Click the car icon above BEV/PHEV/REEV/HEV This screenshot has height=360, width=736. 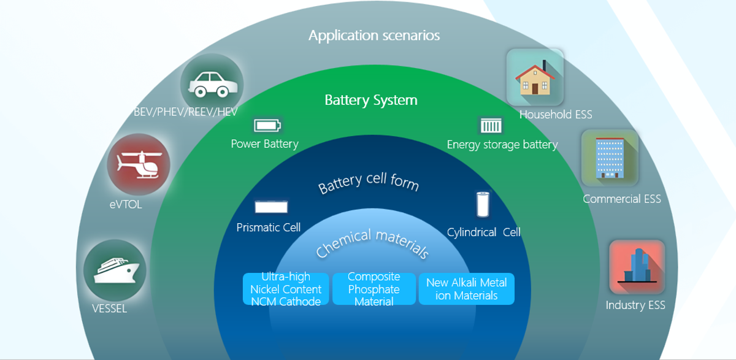pyautogui.click(x=212, y=85)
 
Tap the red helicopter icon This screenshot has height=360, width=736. pyautogui.click(x=138, y=164)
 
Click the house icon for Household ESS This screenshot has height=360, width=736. pyautogui.click(x=535, y=77)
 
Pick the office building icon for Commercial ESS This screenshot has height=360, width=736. pyautogui.click(x=610, y=158)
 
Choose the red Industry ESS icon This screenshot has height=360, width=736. pyautogui.click(x=637, y=267)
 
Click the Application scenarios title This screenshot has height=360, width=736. pyautogui.click(x=374, y=35)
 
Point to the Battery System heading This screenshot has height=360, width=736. pyautogui.click(x=370, y=99)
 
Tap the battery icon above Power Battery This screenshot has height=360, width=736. pyautogui.click(x=267, y=126)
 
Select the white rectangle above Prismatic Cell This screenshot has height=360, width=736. pyautogui.click(x=271, y=207)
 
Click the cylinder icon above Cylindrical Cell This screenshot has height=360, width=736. pyautogui.click(x=483, y=204)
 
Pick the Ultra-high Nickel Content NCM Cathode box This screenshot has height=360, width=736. pyautogui.click(x=286, y=289)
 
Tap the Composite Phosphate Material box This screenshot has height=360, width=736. pyautogui.click(x=374, y=289)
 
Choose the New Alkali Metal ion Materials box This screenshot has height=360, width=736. pyautogui.click(x=466, y=289)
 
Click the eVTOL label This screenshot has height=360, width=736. pyautogui.click(x=126, y=205)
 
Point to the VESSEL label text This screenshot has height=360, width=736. pyautogui.click(x=109, y=308)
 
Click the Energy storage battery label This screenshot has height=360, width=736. pyautogui.click(x=502, y=145)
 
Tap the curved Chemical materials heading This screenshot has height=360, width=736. pyautogui.click(x=372, y=242)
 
